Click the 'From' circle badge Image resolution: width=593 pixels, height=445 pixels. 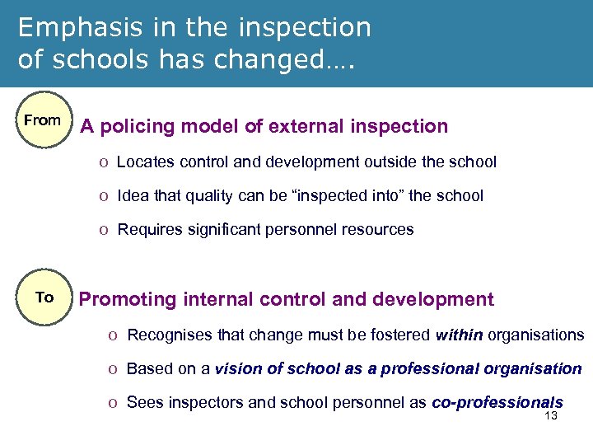coord(42,120)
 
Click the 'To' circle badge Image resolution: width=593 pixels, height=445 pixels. coord(44,297)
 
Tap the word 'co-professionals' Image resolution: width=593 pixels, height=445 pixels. coord(497,402)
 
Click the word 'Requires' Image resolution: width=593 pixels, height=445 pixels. coord(148,230)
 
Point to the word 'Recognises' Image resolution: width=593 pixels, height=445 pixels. coord(168,335)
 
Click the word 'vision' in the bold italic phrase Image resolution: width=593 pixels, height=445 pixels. coord(236,368)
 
